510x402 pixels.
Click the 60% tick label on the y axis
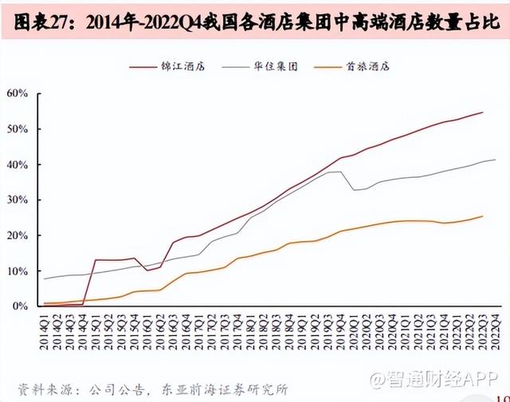tap(18, 93)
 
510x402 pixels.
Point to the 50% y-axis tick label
tap(18, 129)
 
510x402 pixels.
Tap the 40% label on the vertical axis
tap(18, 164)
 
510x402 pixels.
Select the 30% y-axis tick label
tap(18, 200)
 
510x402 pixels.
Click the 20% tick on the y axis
tap(18, 235)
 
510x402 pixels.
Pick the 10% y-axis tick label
tap(18, 271)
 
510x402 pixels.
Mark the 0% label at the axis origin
tap(21, 306)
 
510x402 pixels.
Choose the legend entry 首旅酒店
tap(375, 68)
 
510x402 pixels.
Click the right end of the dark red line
tap(483, 112)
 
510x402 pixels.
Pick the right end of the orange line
tap(483, 216)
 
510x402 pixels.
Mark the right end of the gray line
tap(496, 160)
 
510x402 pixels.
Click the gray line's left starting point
tap(44, 279)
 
